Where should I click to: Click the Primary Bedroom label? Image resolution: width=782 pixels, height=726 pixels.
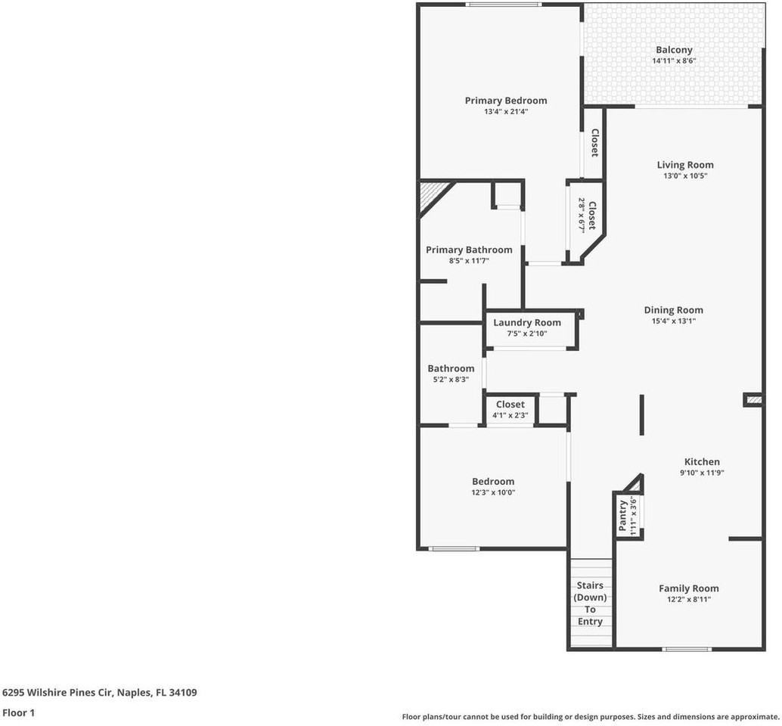click(x=505, y=101)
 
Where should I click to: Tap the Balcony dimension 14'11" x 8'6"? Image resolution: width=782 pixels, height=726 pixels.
click(x=674, y=61)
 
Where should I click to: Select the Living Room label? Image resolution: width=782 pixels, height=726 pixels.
click(x=684, y=165)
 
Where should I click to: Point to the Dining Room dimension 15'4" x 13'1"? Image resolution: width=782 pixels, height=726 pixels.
click(x=673, y=321)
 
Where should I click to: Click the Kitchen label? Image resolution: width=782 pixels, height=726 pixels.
click(x=702, y=462)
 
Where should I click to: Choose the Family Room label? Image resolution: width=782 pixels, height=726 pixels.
click(x=688, y=588)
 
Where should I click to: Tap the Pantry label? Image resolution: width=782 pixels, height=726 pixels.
click(x=623, y=517)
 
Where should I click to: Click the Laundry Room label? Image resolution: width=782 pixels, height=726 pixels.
click(x=526, y=323)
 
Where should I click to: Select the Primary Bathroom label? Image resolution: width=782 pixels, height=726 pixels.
click(x=469, y=250)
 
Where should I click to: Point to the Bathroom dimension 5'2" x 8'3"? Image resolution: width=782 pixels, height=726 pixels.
click(x=451, y=380)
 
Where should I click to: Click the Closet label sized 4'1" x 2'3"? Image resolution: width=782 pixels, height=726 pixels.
click(x=510, y=405)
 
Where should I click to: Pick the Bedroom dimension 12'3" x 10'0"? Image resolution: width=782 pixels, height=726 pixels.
click(x=493, y=492)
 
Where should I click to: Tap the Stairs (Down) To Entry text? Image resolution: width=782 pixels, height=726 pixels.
click(x=590, y=603)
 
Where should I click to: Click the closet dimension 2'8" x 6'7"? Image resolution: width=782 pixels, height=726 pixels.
click(x=582, y=216)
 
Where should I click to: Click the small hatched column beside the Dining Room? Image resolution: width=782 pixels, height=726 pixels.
click(x=753, y=399)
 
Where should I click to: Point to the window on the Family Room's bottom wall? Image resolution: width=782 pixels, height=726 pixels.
click(x=687, y=649)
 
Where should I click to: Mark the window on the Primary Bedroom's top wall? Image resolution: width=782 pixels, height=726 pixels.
click(x=502, y=5)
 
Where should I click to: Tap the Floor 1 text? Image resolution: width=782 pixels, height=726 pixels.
click(x=18, y=712)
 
